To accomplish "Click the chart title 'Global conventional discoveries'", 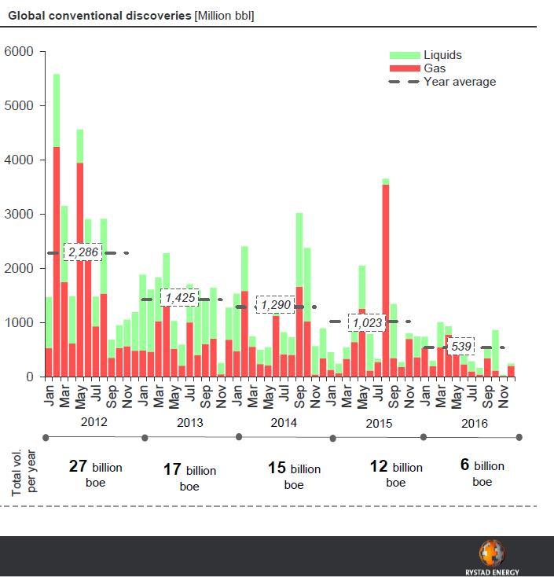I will click(x=99, y=16).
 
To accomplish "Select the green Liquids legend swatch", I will click(x=405, y=55).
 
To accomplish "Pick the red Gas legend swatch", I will click(x=405, y=68).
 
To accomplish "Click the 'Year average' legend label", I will click(x=460, y=82).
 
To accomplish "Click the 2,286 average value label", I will click(x=83, y=252).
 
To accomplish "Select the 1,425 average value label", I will click(x=179, y=297).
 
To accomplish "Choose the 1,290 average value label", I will click(x=275, y=304).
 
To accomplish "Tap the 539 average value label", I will click(x=460, y=347).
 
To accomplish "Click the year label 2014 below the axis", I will click(x=284, y=423).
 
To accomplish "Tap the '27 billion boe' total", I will click(x=95, y=473).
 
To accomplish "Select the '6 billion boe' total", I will click(x=482, y=472).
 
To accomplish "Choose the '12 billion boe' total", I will click(x=395, y=473).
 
